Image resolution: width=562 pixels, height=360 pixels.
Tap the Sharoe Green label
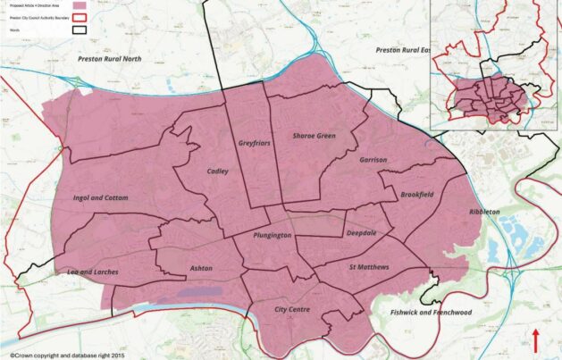314,136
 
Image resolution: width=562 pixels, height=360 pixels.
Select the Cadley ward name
217,171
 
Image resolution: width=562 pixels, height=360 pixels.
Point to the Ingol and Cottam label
100,197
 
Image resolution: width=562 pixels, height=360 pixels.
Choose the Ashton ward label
201,268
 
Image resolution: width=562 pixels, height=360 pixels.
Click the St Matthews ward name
369,267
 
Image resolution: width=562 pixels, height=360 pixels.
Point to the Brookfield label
416,194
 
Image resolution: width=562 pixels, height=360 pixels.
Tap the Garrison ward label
373,160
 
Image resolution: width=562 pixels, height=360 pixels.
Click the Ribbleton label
484,212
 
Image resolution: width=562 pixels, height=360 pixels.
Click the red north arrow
536,340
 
